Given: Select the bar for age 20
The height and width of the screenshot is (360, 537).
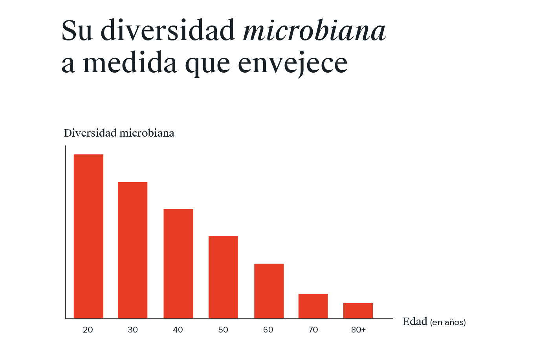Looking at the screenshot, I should [88, 236].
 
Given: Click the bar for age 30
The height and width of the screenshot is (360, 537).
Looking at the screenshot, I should [133, 250].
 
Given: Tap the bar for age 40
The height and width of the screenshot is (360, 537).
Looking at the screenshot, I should [178, 263].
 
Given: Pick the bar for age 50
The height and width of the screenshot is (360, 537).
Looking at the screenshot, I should [223, 277].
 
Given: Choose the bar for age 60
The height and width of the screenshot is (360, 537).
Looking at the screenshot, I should [269, 291].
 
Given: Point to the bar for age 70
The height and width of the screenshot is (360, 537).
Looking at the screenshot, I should [313, 306].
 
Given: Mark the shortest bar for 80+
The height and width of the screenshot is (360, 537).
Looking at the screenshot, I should [358, 310].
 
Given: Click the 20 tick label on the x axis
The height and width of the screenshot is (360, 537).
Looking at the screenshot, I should [88, 330].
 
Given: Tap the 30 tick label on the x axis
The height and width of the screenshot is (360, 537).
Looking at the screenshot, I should [133, 330].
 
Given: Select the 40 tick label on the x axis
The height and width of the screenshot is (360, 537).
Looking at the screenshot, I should [178, 330].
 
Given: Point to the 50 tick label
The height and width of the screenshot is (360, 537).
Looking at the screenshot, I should [223, 330].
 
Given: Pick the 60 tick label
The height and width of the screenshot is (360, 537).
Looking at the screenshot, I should [268, 330].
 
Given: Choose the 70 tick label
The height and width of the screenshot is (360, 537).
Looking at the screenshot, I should [313, 330].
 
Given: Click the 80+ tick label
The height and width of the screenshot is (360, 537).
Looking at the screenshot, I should [358, 330].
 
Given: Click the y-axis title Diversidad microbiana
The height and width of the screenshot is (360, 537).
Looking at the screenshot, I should [119, 133].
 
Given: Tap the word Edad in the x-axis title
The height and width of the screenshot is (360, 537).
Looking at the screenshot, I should [414, 322].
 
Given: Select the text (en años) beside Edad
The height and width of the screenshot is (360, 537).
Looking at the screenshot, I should [448, 323].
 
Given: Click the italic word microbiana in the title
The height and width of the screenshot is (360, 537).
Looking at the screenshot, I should [314, 31].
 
